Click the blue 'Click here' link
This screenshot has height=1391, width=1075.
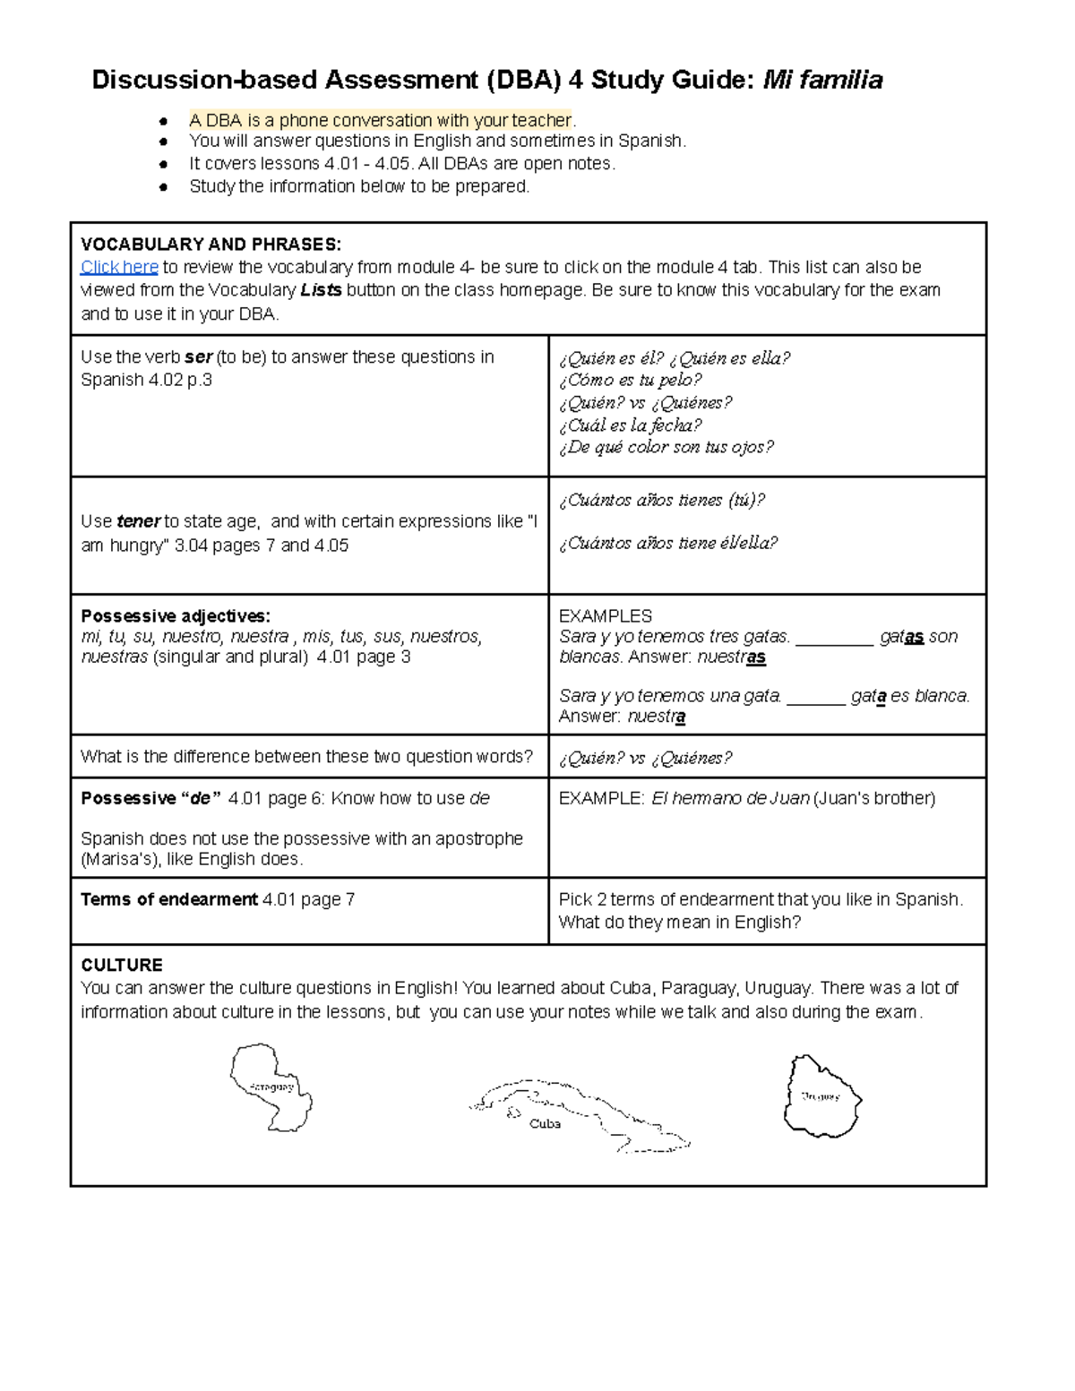119,267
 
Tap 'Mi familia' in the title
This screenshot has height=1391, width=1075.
821,81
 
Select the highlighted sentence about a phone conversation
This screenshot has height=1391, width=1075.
380,120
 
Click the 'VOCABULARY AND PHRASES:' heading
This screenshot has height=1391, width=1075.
211,245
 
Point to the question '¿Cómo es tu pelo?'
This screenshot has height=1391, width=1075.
630,380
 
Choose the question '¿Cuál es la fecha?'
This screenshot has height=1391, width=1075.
630,425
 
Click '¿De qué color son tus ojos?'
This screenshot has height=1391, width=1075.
666,447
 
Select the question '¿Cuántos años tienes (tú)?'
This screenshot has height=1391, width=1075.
661,500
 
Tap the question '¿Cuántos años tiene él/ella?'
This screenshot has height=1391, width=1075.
667,543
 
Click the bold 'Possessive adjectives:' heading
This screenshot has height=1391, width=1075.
176,616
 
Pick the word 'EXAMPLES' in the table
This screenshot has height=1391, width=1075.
605,616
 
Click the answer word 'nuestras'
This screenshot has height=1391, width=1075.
731,657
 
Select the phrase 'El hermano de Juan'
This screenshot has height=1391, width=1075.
730,798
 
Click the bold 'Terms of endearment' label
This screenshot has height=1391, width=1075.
169,899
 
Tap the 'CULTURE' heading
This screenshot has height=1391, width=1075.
122,965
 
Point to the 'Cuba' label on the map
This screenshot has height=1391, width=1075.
545,1123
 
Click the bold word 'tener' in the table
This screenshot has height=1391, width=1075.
139,521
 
